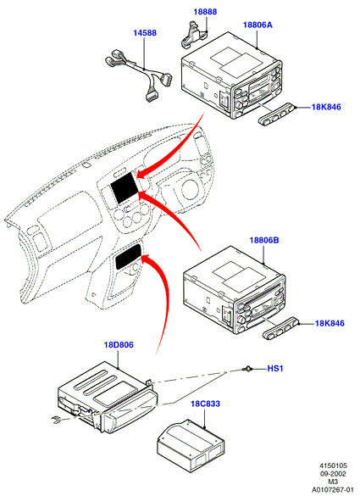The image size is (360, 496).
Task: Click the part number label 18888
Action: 205,12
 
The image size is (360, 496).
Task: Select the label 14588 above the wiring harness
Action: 145,33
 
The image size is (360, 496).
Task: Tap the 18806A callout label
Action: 258,25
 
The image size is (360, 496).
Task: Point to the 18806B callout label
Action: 264,240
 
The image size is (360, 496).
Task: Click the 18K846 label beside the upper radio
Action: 326,107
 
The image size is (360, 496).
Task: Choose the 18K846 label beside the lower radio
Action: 330,323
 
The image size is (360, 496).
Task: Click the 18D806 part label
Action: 119,345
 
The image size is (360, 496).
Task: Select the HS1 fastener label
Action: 275,369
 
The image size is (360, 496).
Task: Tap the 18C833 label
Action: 205,404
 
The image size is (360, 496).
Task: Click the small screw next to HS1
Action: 247,369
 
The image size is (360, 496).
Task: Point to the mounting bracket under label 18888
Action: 194,34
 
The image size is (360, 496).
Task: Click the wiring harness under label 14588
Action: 138,75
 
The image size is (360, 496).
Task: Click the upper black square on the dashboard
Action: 125,188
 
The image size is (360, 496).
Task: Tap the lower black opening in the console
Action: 128,256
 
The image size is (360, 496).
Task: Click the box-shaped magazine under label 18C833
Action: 191,446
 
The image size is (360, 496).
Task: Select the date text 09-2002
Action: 332,474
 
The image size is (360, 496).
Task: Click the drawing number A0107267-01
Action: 332,489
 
